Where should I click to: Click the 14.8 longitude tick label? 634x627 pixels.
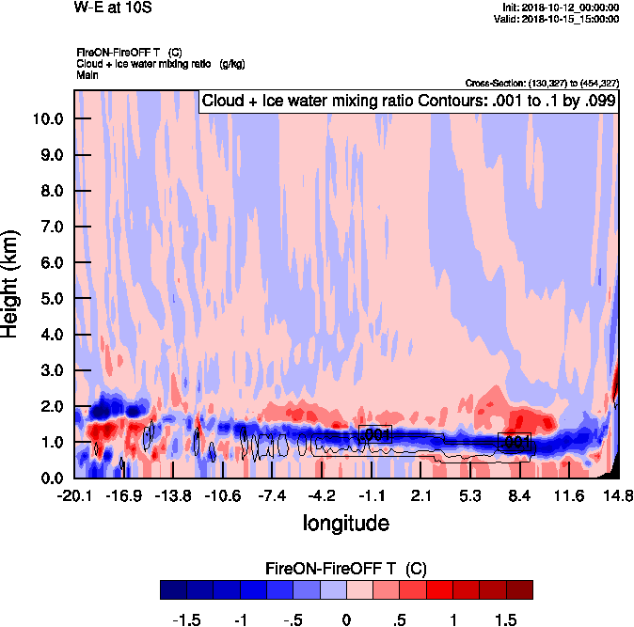click(x=618, y=495)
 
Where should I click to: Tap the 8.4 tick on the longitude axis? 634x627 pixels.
click(x=520, y=495)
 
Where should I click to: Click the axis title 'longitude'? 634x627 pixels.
click(x=345, y=522)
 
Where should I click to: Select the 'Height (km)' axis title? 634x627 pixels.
click(x=12, y=284)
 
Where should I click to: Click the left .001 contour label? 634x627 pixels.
click(x=375, y=434)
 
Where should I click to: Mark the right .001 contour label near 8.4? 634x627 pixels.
click(x=516, y=441)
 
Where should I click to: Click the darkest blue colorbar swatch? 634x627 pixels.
click(x=173, y=589)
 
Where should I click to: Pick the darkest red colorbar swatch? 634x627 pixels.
click(x=519, y=589)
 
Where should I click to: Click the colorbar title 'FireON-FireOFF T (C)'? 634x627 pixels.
click(x=346, y=569)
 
